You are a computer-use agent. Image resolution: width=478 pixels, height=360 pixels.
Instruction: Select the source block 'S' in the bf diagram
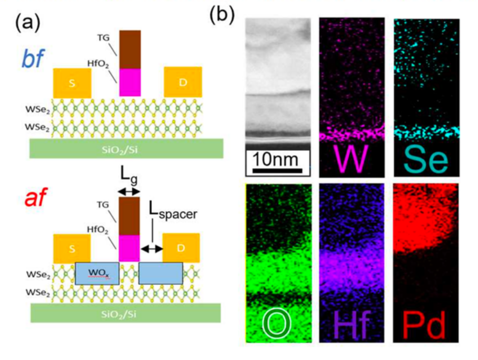point(72,83)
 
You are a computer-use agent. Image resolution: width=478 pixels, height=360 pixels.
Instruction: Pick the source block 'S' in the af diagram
point(72,248)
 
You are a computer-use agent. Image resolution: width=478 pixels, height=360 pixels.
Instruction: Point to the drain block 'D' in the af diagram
point(181,247)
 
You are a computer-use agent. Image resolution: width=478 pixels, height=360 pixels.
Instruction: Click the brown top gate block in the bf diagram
point(130,49)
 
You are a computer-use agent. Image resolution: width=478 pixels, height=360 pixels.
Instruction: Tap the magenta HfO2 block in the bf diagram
point(130,82)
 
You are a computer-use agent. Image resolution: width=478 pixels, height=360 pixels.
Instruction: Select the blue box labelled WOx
point(97,273)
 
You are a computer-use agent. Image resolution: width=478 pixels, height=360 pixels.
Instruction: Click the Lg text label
point(128,177)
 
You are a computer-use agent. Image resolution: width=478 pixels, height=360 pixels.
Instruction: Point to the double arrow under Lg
point(128,191)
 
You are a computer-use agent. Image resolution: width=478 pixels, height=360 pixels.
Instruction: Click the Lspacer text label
point(173,210)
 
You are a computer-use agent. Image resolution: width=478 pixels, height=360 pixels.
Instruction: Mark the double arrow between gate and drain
point(151,248)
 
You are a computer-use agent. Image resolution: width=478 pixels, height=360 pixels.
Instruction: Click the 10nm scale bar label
point(275,159)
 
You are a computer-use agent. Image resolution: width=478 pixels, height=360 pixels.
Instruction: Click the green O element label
point(276,324)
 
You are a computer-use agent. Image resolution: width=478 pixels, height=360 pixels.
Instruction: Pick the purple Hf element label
point(352,324)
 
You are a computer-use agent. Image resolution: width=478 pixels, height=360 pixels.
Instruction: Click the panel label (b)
point(222,14)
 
